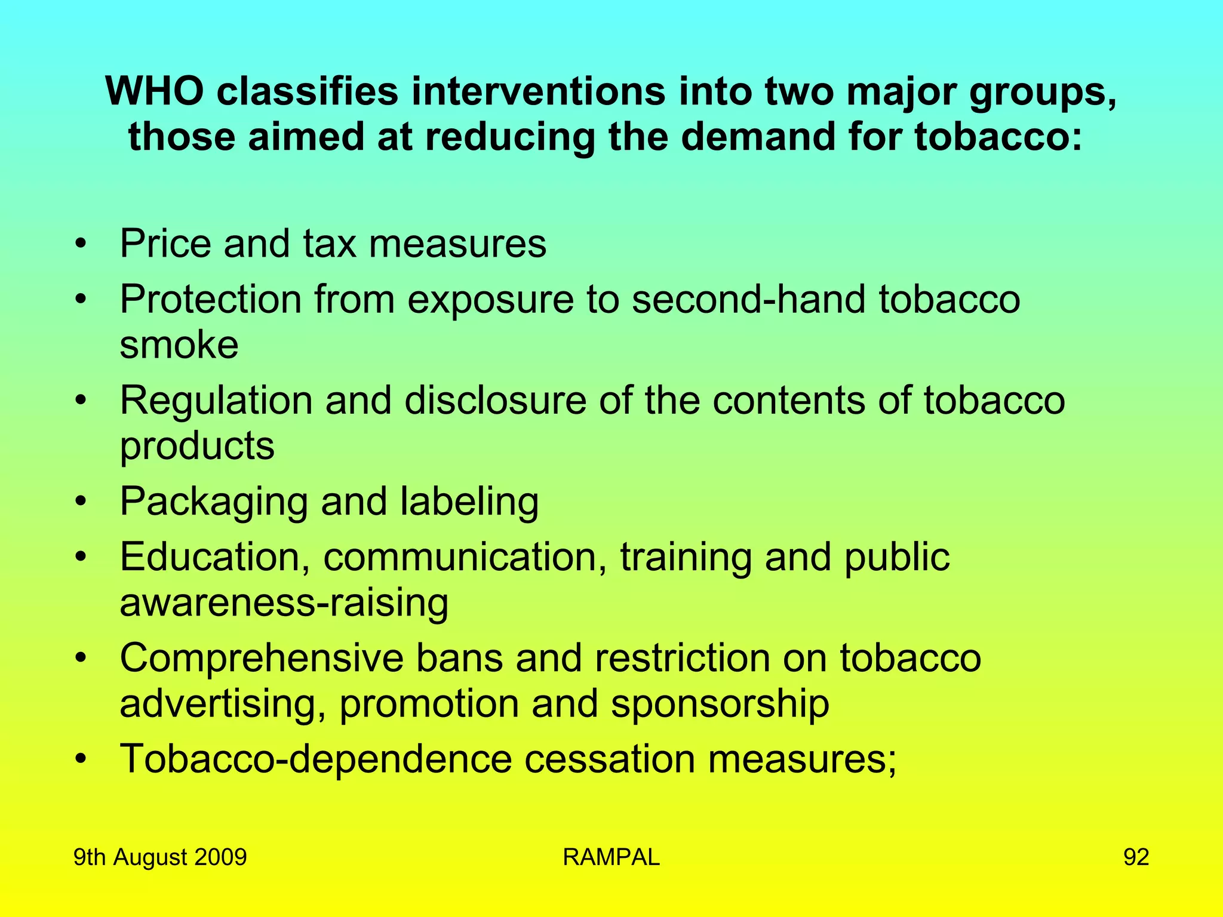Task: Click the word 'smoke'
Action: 179,344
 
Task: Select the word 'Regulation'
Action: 216,400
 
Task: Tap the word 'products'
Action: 197,446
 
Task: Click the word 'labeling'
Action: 469,501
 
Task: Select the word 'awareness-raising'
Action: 284,602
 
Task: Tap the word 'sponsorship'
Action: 720,703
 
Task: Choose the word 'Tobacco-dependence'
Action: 316,759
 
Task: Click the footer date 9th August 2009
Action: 160,857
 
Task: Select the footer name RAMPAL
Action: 611,857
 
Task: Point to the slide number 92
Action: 1136,857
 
